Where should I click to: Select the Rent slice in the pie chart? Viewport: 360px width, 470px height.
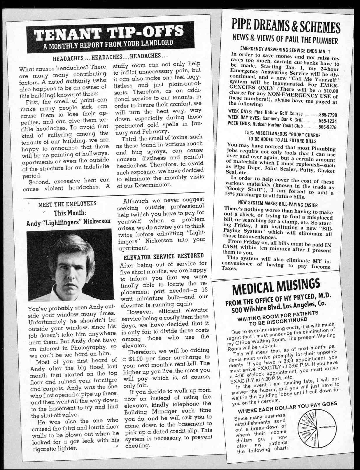[304, 428]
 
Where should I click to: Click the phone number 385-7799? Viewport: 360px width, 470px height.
[328, 115]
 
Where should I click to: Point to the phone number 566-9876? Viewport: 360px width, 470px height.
[327, 127]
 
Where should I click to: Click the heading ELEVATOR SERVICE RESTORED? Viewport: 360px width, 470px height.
[164, 257]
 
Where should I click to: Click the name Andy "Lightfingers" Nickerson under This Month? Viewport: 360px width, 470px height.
[68, 222]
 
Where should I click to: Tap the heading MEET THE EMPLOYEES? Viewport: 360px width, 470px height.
[67, 204]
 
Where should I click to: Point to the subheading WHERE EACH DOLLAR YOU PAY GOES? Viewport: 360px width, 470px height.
[287, 406]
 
